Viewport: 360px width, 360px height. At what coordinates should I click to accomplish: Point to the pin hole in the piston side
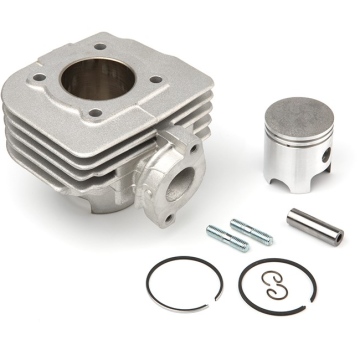coord(321,158)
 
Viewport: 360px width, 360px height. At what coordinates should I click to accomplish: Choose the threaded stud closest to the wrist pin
coord(251,232)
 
